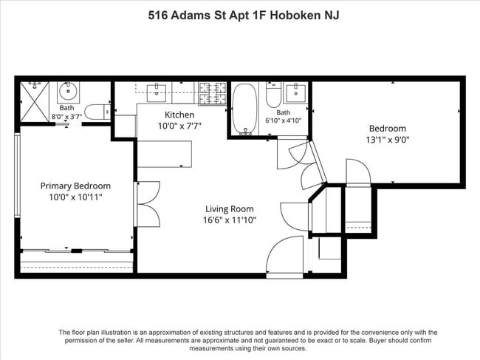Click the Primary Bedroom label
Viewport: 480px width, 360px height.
coord(75,186)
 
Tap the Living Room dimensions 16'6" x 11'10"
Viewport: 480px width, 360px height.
coord(230,220)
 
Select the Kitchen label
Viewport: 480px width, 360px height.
coord(179,115)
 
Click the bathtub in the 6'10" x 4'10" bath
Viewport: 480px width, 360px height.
coord(244,109)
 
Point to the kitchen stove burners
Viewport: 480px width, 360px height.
coord(213,93)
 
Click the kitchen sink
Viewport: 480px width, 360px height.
coord(157,93)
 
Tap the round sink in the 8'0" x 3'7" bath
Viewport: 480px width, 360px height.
coord(68,91)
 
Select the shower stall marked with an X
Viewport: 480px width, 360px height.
coord(35,102)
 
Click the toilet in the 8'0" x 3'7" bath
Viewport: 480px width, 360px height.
coord(97,112)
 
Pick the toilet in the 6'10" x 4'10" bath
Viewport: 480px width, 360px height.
coord(273,95)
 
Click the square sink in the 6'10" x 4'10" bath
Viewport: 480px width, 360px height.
coord(295,93)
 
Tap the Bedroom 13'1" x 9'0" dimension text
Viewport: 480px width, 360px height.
coord(388,140)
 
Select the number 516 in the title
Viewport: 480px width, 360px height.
coord(157,15)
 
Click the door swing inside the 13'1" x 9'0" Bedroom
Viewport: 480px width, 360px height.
coord(358,172)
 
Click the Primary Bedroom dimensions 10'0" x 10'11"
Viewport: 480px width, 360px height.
coord(75,197)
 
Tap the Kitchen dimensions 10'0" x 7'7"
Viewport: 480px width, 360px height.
coord(179,126)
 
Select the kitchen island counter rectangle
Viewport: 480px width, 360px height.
coord(165,154)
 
